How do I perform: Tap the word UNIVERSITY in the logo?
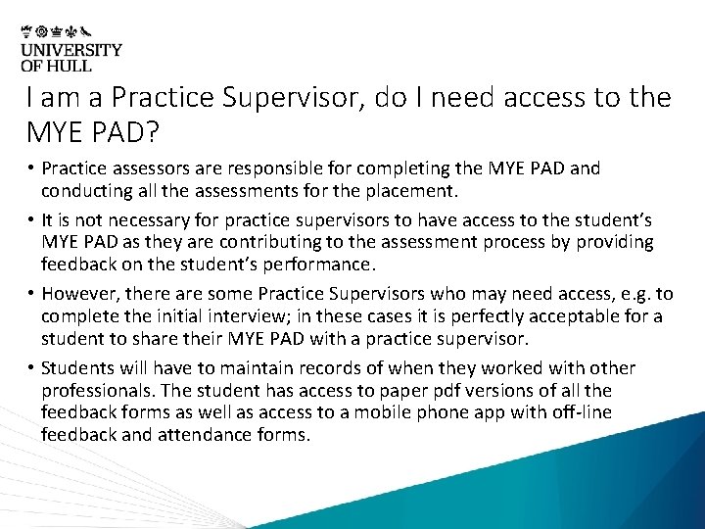click(71, 50)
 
